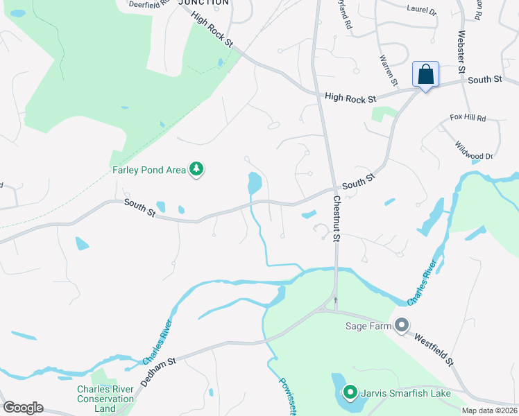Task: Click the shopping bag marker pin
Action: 425,75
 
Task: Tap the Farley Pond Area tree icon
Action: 196,169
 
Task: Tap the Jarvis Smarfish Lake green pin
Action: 350,393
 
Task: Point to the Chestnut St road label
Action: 337,218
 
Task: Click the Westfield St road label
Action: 434,349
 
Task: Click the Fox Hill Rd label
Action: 468,119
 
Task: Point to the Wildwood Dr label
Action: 474,150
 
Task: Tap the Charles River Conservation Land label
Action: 105,399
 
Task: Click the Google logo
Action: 23,408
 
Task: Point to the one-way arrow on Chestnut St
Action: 336,300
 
